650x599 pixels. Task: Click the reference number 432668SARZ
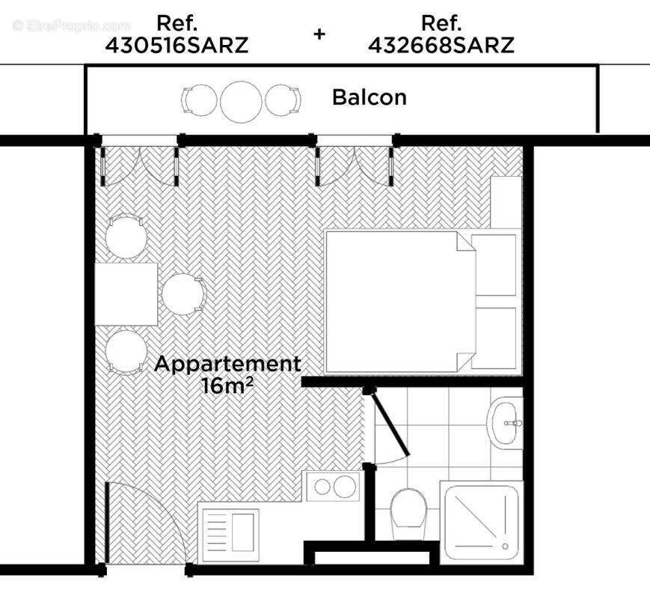click(441, 45)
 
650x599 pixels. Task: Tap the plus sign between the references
click(319, 34)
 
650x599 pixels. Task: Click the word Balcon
click(370, 97)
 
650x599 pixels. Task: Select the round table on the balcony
click(241, 100)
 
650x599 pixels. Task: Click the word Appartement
click(227, 365)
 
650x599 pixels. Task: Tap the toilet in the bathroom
click(408, 513)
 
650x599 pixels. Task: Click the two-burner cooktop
click(334, 487)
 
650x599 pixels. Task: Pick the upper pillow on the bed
click(495, 265)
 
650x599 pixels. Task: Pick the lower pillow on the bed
click(495, 337)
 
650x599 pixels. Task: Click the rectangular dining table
click(126, 293)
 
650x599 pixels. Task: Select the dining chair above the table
click(125, 237)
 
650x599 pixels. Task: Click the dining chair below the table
click(126, 351)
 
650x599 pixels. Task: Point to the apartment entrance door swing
click(150, 524)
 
